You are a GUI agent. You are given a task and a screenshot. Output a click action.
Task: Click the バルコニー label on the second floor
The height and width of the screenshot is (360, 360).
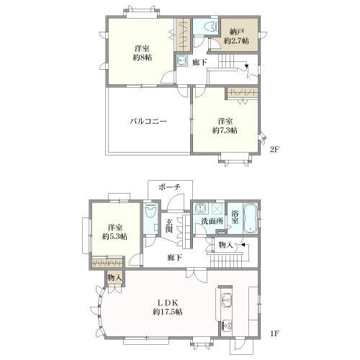coord(148,121)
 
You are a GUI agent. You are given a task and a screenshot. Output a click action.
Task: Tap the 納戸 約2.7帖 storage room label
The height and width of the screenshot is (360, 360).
coord(236,36)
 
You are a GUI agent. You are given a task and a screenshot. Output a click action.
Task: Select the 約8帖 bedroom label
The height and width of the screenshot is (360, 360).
coord(143,53)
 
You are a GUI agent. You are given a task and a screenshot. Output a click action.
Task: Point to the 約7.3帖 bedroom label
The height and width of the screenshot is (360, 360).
coord(225,126)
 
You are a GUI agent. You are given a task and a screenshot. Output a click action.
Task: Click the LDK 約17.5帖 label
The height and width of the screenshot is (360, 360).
coord(168,307)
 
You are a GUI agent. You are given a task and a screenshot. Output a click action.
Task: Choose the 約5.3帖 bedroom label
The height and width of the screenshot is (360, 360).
coord(114,232)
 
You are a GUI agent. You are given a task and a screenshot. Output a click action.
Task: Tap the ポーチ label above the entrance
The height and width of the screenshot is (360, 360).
coord(169,187)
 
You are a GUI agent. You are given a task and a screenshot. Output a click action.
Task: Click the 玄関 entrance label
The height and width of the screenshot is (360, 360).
coord(169,225)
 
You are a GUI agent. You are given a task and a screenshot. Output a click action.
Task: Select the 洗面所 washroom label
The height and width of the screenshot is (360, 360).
coord(212,221)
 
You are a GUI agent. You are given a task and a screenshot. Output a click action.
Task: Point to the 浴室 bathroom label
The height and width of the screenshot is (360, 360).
coord(235,217)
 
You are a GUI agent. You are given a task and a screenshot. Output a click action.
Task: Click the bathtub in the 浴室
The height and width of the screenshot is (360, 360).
coord(251,218)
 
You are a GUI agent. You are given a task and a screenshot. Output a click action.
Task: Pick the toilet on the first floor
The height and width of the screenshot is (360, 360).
coord(150,211)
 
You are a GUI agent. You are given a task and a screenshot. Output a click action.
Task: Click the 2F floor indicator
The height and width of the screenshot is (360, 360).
coord(274,150)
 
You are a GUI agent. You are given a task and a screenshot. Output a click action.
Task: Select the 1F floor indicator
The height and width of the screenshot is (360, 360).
coord(274,333)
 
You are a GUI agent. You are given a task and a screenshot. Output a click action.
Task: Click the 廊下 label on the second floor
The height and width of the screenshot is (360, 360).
coord(200,63)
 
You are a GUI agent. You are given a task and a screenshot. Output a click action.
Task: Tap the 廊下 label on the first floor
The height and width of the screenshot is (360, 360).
coord(175,258)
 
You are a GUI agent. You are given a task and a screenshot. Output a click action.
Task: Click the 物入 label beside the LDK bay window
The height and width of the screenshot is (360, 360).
coord(114,278)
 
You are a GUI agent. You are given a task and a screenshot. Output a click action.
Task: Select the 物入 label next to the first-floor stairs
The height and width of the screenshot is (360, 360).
coord(225,245)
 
